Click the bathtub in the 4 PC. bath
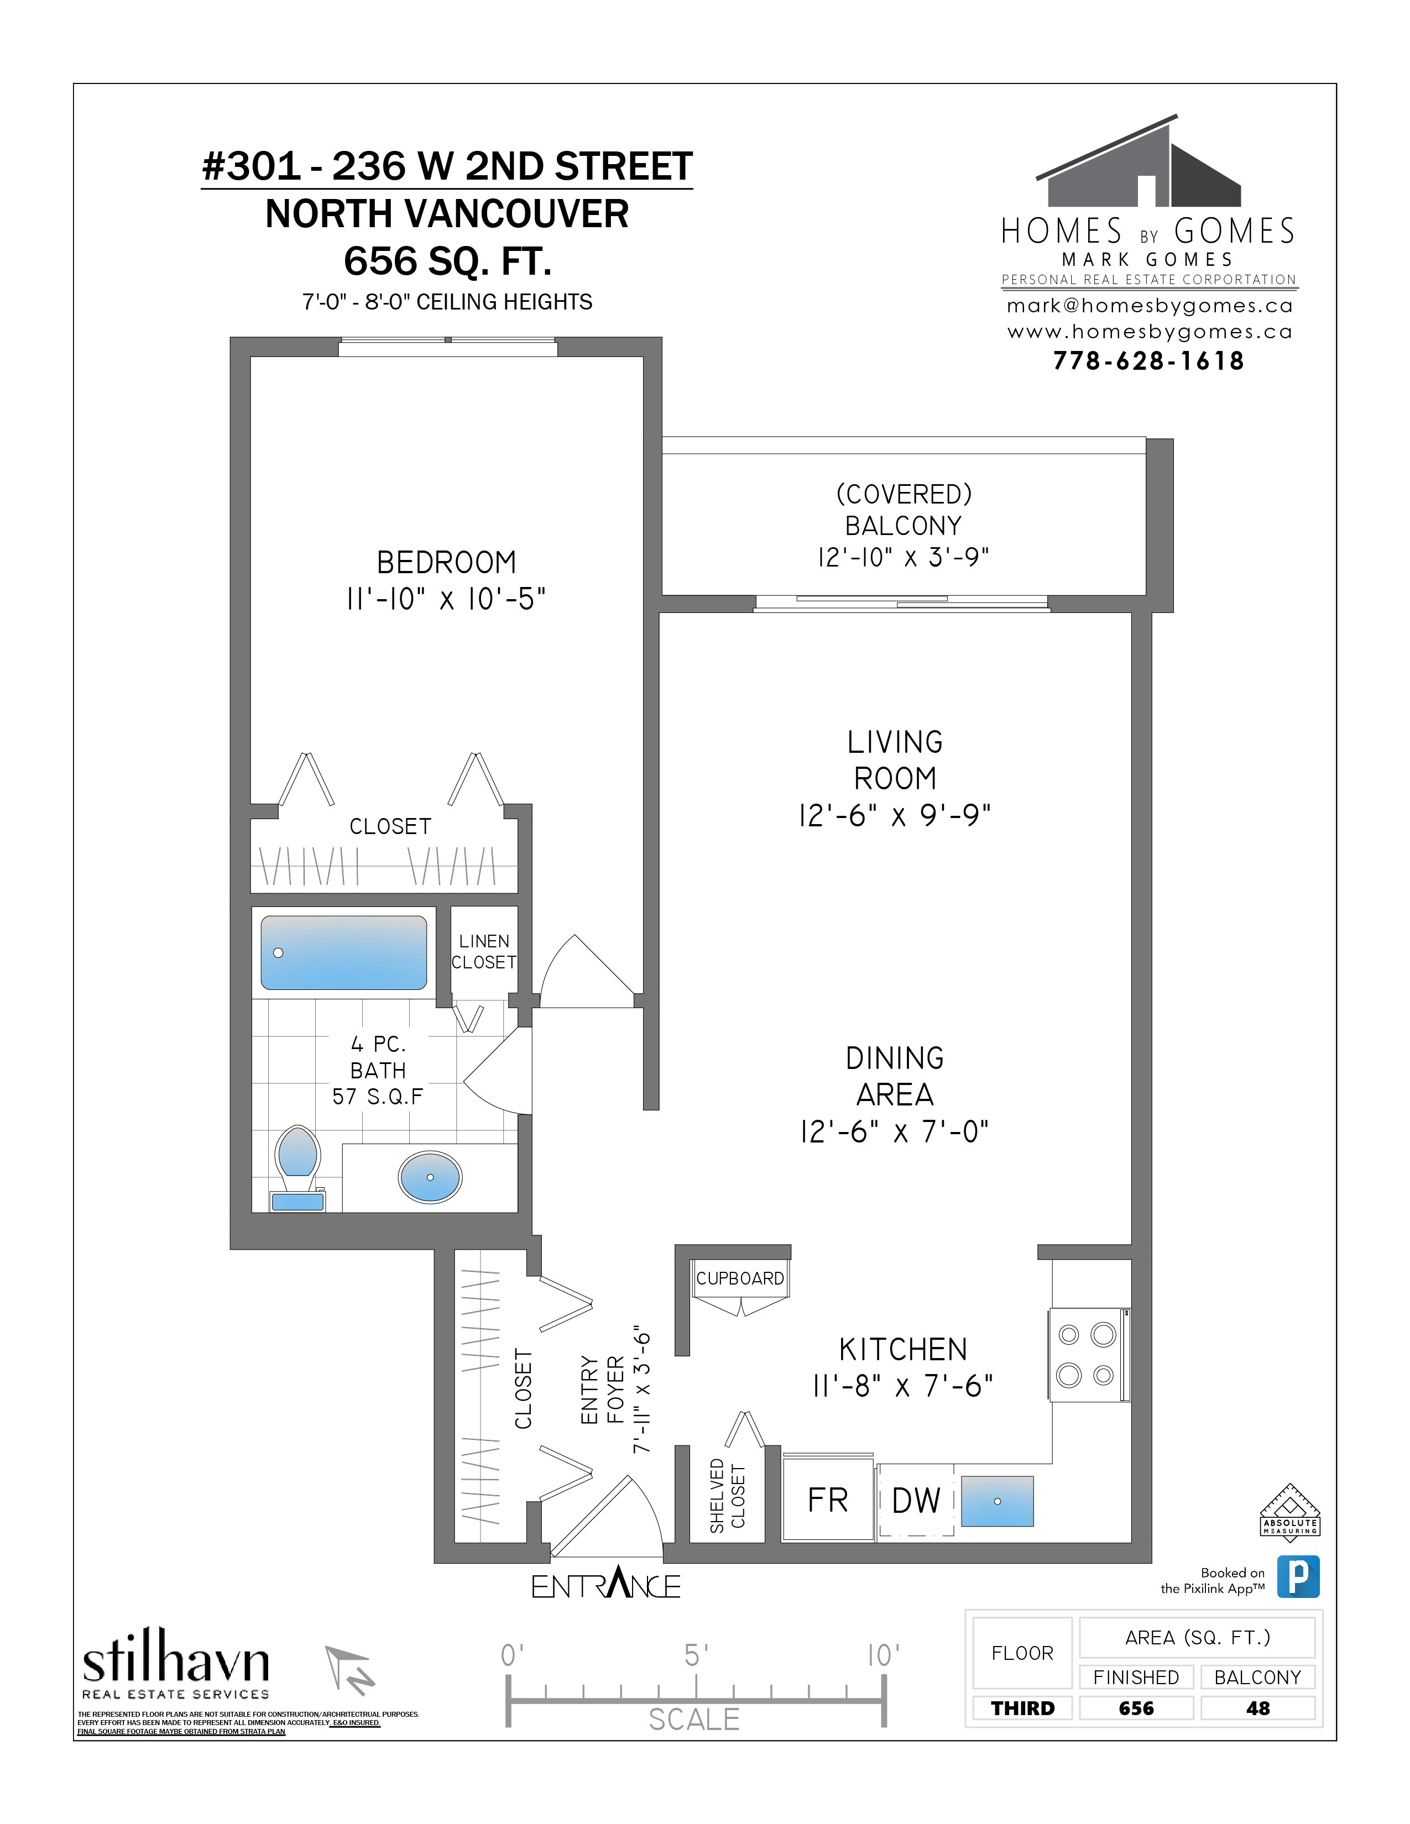click(343, 952)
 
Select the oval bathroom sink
click(430, 1177)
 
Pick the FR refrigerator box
click(828, 1500)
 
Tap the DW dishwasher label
click(916, 1501)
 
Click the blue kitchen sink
click(996, 1501)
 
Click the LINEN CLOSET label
click(484, 951)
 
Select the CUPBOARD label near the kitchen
click(740, 1278)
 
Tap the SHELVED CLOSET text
click(727, 1496)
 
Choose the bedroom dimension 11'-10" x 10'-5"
click(446, 599)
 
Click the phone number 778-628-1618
click(1148, 361)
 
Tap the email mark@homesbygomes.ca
click(1150, 306)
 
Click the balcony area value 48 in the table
click(1257, 1708)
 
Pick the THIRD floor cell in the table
click(1022, 1708)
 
